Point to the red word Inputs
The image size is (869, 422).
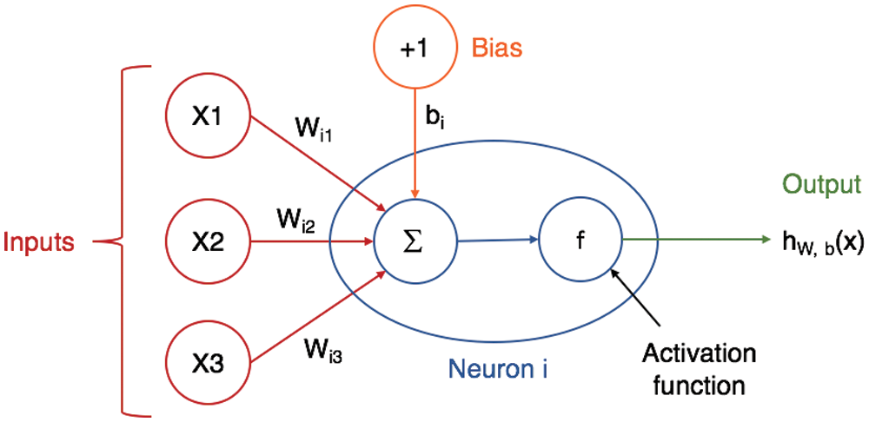(39, 241)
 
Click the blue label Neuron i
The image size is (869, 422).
(498, 368)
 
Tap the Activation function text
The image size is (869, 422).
(698, 369)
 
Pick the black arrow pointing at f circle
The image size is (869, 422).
(636, 297)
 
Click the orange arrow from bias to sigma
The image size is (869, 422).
(415, 146)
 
